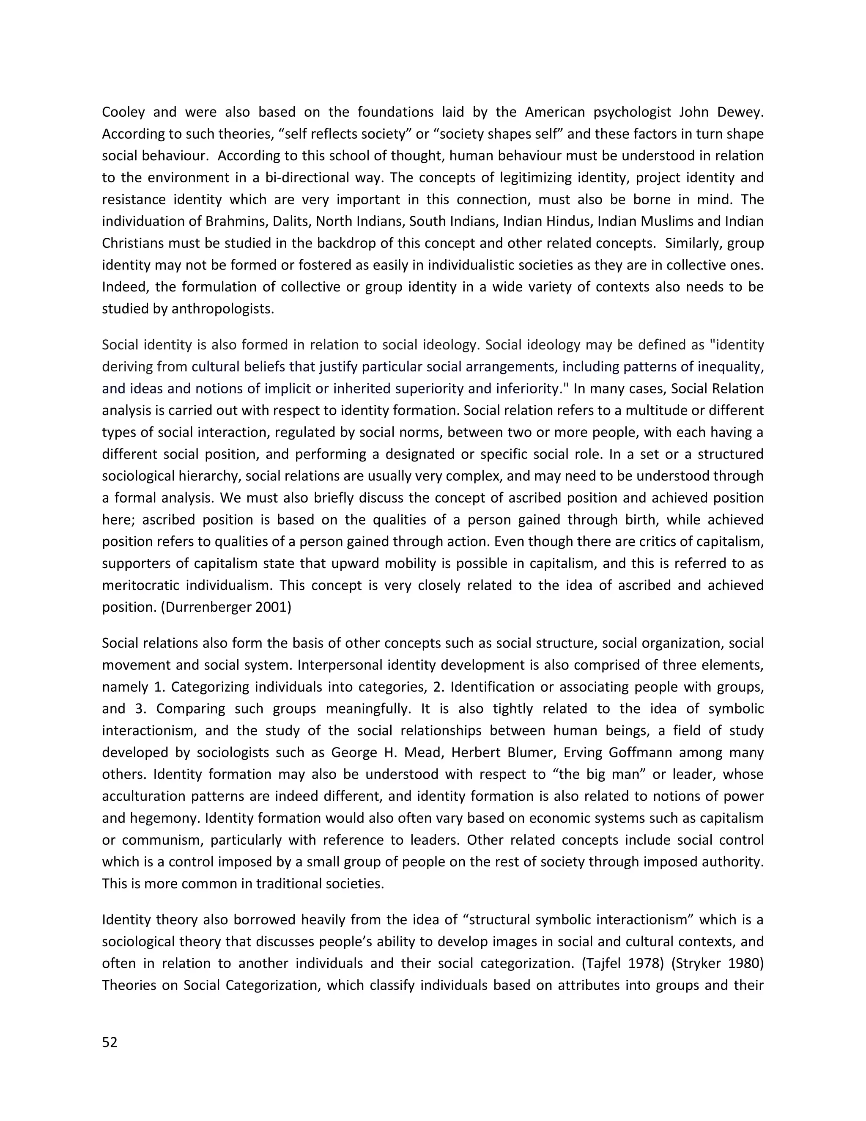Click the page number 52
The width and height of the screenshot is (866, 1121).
[x=110, y=1042]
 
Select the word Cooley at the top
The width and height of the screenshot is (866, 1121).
[x=123, y=112]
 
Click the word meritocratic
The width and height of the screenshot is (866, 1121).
[x=140, y=585]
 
